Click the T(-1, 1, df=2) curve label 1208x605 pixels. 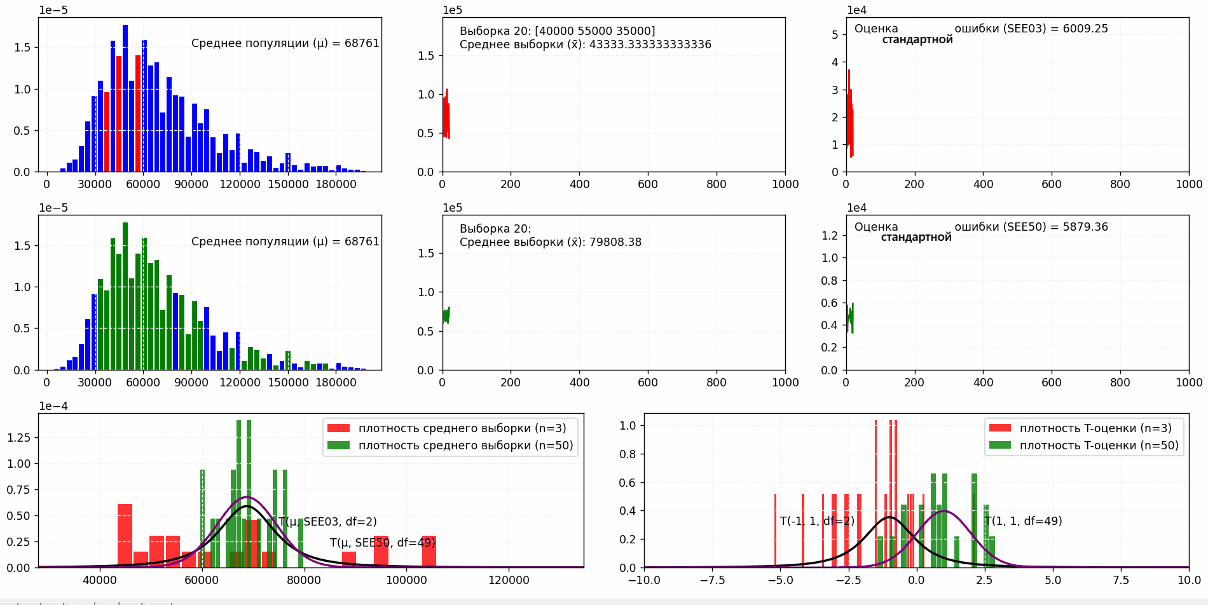tap(817, 521)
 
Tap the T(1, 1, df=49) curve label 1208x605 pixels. tap(1023, 521)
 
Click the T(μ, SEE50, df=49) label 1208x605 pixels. tap(382, 543)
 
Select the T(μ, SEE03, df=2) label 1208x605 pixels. tap(327, 522)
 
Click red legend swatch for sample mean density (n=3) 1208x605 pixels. tap(338, 428)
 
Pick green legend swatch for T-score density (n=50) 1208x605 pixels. tap(999, 445)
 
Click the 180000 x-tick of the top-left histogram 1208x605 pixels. tap(336, 184)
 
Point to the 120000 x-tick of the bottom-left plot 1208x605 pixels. tap(509, 580)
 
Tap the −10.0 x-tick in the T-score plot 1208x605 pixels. tap(644, 580)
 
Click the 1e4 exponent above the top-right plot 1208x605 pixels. tap(856, 10)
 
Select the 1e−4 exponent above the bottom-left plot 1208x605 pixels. tap(53, 406)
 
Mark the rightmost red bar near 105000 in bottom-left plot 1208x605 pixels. tap(429, 551)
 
